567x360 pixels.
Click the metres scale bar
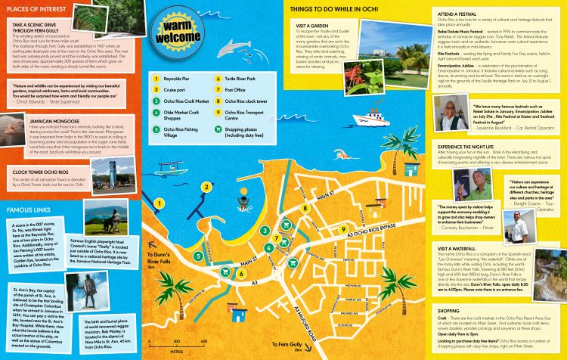(x=178, y=345)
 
